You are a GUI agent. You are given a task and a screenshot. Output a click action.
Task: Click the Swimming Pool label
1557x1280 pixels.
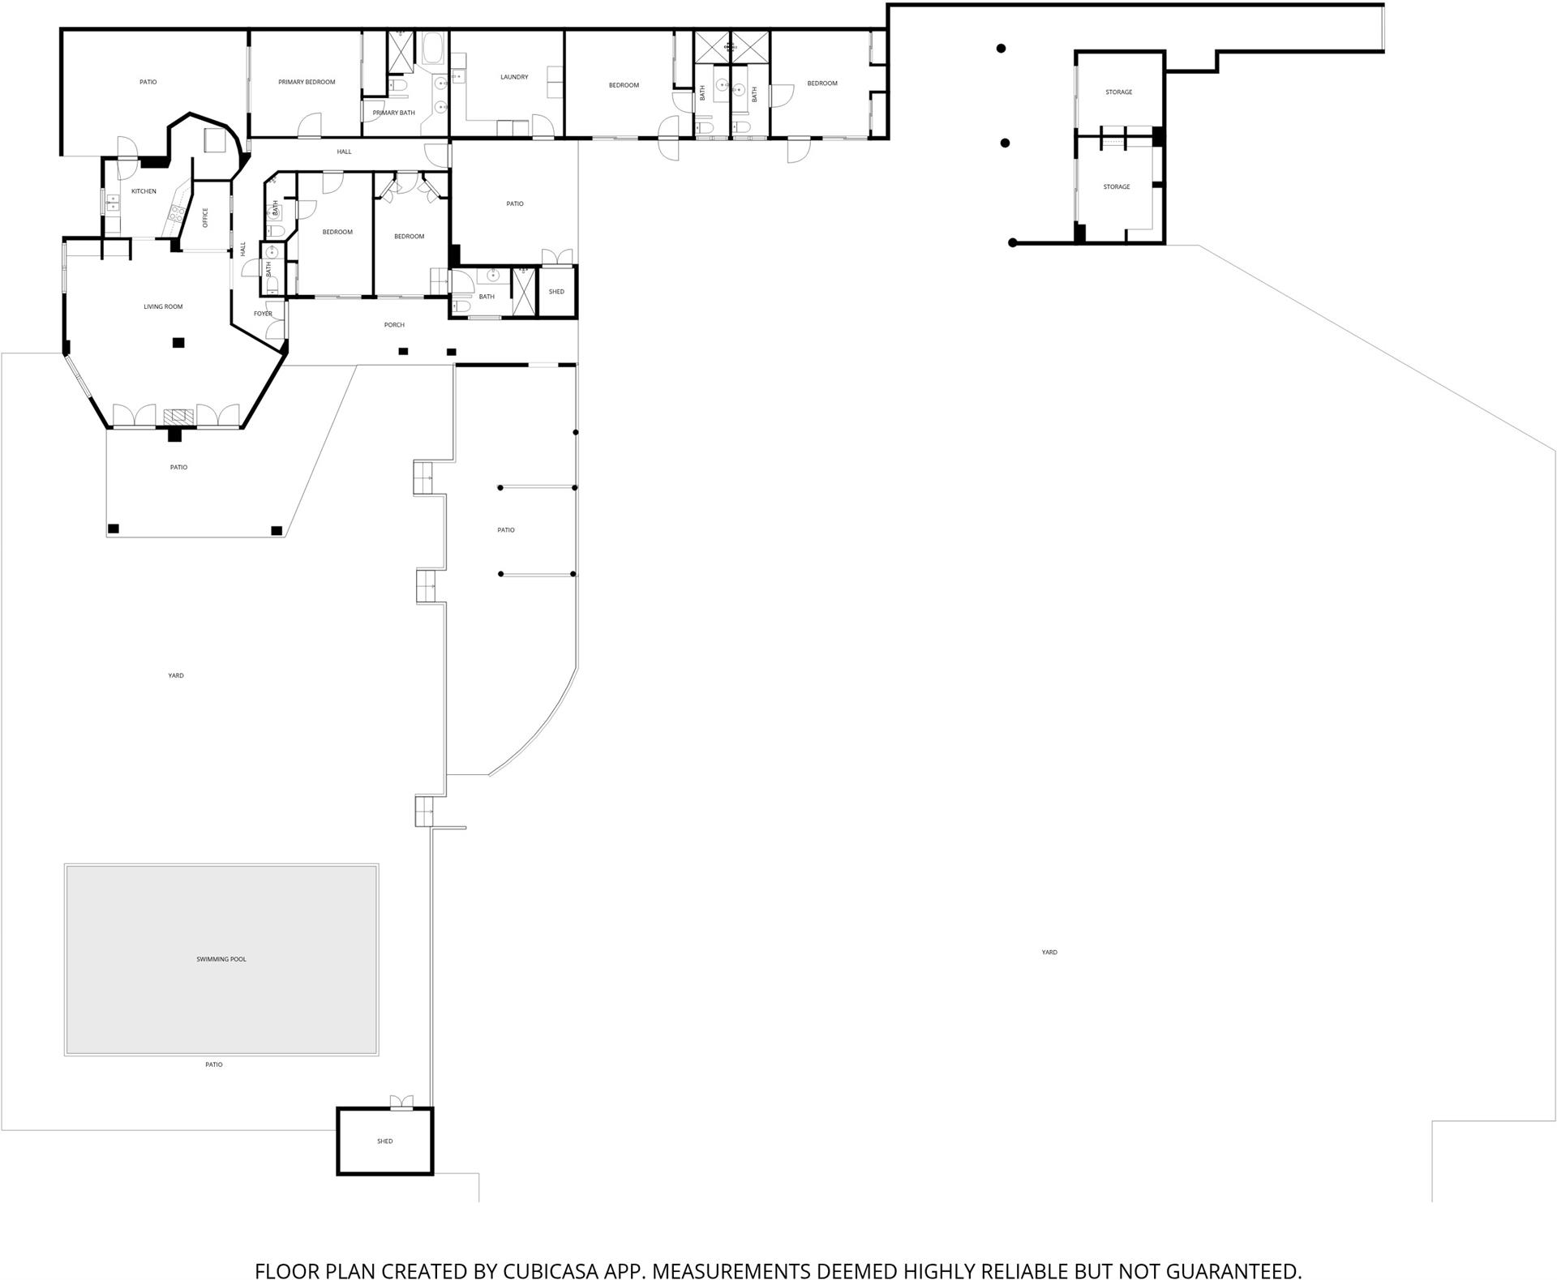pyautogui.click(x=221, y=959)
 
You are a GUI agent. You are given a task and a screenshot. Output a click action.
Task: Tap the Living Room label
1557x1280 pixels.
pyautogui.click(x=163, y=306)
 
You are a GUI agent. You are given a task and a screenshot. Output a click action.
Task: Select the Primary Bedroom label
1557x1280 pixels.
pyautogui.click(x=307, y=82)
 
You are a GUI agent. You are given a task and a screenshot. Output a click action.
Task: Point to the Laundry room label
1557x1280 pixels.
pyautogui.click(x=514, y=77)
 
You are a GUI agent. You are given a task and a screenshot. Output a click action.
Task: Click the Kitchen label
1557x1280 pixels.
pyautogui.click(x=144, y=191)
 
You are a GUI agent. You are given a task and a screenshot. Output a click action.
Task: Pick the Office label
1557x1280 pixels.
pyautogui.click(x=205, y=217)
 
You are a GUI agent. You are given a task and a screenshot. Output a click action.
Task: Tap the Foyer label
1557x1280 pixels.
pyautogui.click(x=263, y=314)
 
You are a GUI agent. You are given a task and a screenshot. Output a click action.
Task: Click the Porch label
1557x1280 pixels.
pyautogui.click(x=394, y=325)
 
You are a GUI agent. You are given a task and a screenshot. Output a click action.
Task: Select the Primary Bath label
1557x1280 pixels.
pyautogui.click(x=394, y=113)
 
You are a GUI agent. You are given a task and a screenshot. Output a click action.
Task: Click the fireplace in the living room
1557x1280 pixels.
pyautogui.click(x=179, y=417)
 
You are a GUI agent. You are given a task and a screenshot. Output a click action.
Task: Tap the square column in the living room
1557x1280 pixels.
pyautogui.click(x=178, y=343)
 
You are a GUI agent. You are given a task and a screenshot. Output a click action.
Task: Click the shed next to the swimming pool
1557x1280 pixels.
pyautogui.click(x=385, y=1141)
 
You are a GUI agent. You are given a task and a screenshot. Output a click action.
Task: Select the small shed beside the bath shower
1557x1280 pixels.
pyautogui.click(x=557, y=291)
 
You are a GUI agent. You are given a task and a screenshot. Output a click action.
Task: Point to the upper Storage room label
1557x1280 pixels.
pyautogui.click(x=1119, y=92)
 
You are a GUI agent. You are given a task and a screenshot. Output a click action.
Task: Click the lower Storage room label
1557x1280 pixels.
pyautogui.click(x=1117, y=187)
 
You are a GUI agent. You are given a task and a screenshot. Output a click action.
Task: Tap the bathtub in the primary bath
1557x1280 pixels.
pyautogui.click(x=431, y=49)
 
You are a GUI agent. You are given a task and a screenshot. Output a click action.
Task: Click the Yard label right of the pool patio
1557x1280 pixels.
pyautogui.click(x=1049, y=953)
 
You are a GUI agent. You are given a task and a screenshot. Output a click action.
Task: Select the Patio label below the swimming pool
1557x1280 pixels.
pyautogui.click(x=213, y=1064)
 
